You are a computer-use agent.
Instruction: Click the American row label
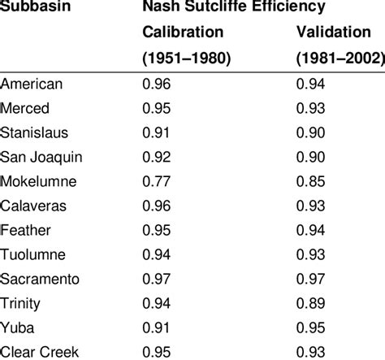tap(32, 83)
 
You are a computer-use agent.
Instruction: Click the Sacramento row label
tap(40, 278)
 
